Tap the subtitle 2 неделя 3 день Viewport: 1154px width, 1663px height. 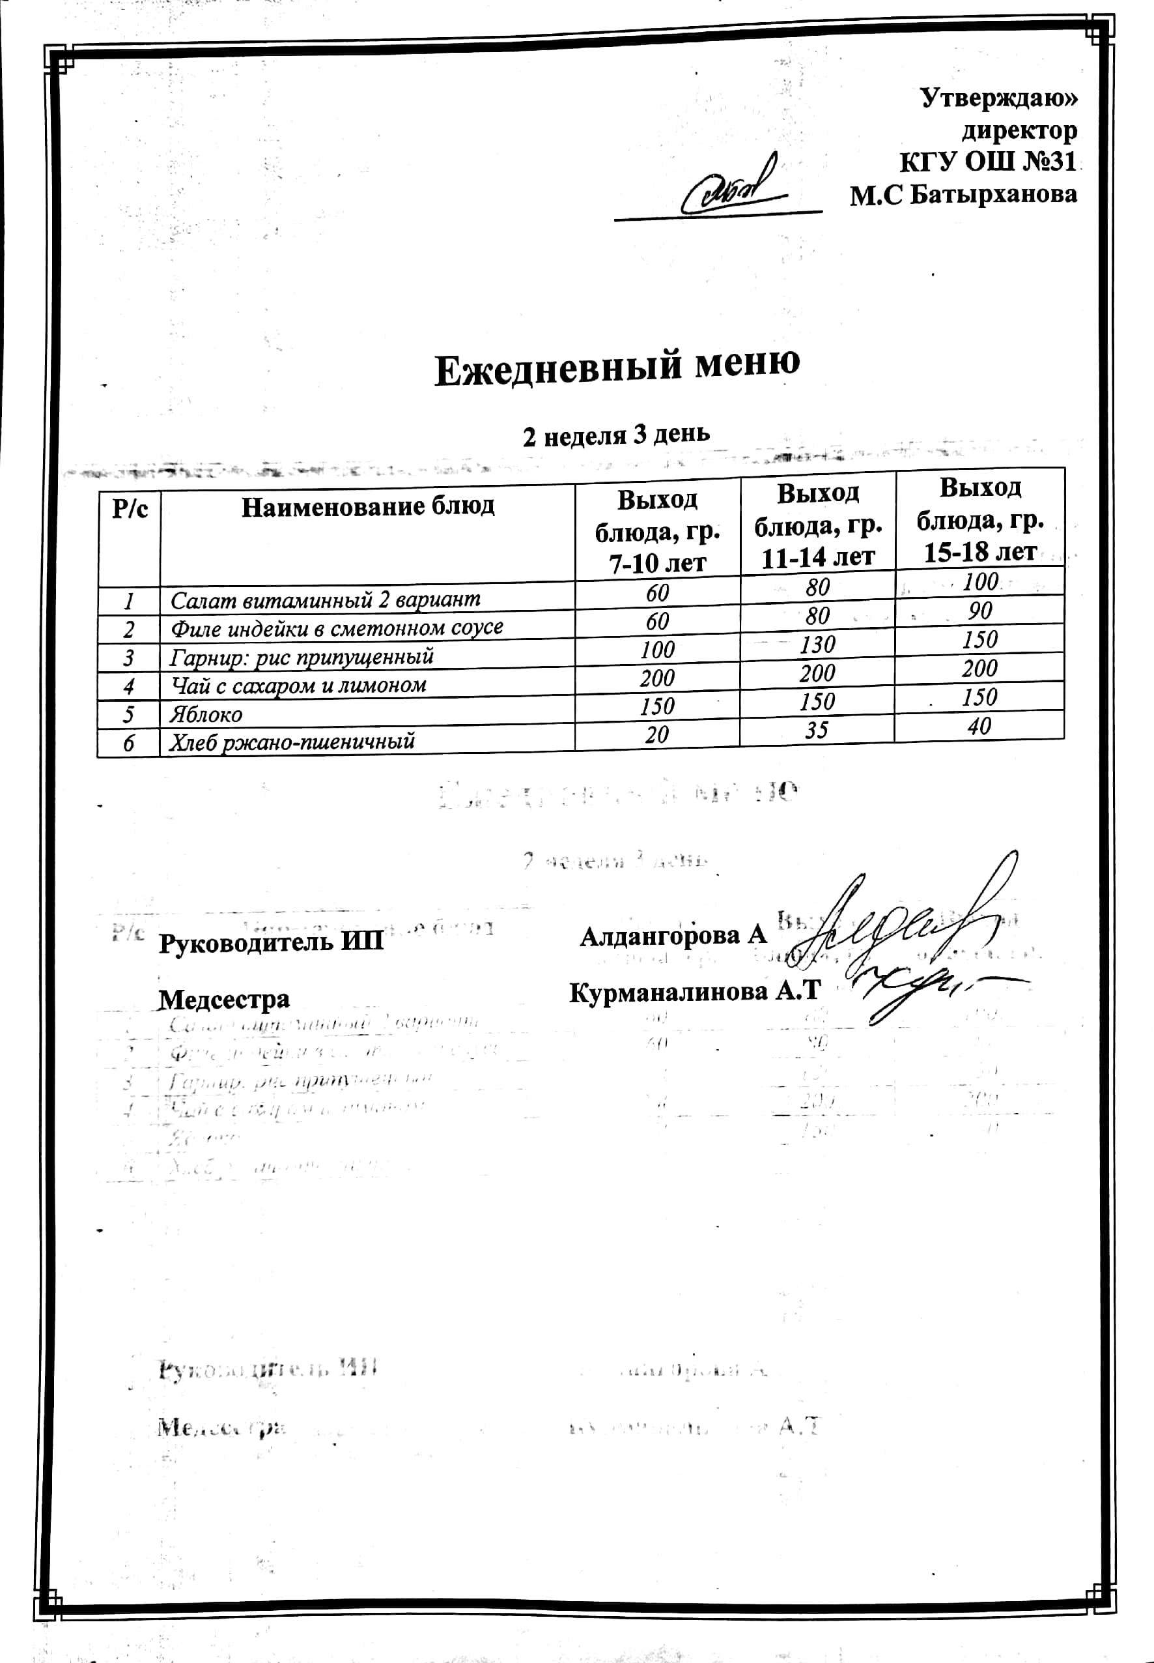pyautogui.click(x=616, y=435)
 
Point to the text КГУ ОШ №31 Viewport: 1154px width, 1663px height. pyautogui.click(x=988, y=162)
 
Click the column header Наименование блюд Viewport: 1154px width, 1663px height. pyautogui.click(x=367, y=507)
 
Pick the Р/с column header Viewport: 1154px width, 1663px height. pyautogui.click(x=130, y=509)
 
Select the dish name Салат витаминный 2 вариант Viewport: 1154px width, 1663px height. pyautogui.click(x=325, y=600)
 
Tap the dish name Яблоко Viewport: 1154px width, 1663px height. pyautogui.click(x=205, y=715)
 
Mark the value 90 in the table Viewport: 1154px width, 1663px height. pyautogui.click(x=979, y=611)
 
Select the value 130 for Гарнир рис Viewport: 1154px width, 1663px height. pyautogui.click(x=817, y=644)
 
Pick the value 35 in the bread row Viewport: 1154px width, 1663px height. pyautogui.click(x=817, y=730)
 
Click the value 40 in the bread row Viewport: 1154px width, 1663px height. pyautogui.click(x=979, y=726)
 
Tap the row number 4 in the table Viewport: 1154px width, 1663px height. pyautogui.click(x=129, y=686)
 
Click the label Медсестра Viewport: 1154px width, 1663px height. pyautogui.click(x=224, y=1000)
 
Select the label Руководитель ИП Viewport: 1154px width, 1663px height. pyautogui.click(x=271, y=944)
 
